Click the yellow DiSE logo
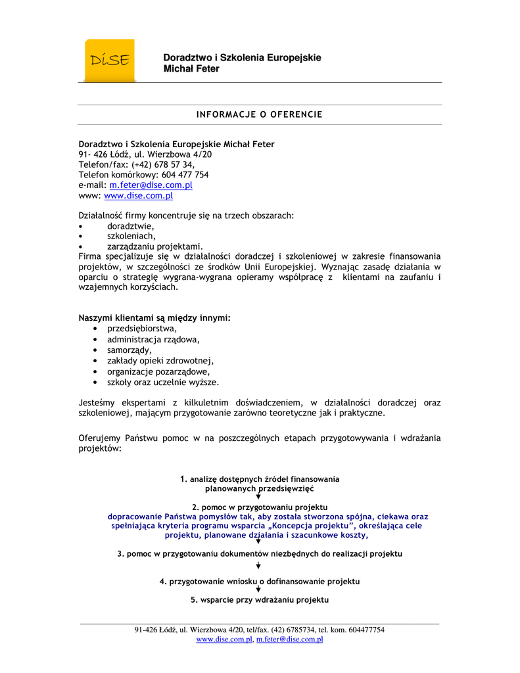110,60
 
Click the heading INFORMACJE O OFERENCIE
260,115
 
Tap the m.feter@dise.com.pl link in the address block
151,185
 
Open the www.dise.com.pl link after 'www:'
138,196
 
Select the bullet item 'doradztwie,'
131,226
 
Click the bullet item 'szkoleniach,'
131,236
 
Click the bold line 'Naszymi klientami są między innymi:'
154,318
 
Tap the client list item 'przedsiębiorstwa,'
142,329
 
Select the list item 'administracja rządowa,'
153,339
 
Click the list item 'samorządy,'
130,350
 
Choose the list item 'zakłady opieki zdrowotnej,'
160,361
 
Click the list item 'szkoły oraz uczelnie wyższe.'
163,382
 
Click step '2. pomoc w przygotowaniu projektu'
260,507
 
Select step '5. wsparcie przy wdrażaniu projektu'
260,600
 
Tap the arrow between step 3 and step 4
258,565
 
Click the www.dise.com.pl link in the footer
224,639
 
